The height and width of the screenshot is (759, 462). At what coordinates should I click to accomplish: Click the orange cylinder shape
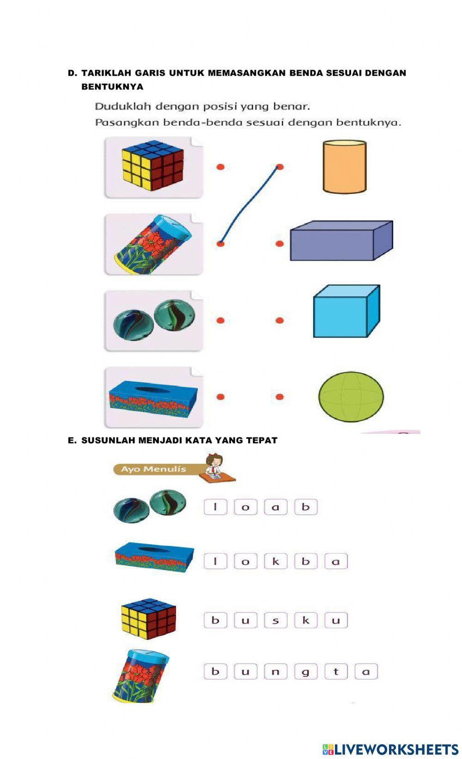[344, 167]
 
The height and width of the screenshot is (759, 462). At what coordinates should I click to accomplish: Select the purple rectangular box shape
[341, 241]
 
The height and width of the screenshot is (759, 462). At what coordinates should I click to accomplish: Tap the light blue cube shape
[346, 311]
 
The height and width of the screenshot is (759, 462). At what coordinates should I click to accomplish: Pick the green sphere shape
[351, 397]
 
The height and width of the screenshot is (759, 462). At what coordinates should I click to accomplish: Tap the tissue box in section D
[153, 396]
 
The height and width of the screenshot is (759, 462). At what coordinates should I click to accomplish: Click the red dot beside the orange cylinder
[280, 167]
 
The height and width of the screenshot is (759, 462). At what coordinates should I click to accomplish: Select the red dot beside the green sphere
[280, 397]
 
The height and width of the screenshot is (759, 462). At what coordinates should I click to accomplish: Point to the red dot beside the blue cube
[280, 320]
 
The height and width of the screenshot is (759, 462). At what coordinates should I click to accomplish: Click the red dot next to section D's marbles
[220, 320]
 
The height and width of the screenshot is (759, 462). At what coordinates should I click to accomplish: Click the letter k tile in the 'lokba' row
[275, 561]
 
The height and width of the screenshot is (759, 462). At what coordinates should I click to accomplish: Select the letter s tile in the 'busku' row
[275, 620]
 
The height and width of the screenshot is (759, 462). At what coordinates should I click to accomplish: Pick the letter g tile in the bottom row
[306, 671]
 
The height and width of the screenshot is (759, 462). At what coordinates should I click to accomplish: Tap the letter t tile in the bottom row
[336, 671]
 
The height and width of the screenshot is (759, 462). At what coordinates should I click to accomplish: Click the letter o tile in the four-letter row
[245, 507]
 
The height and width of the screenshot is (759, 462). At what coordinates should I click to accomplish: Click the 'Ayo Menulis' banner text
[153, 469]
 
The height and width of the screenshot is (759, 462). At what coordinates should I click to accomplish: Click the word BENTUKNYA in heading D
[112, 87]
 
